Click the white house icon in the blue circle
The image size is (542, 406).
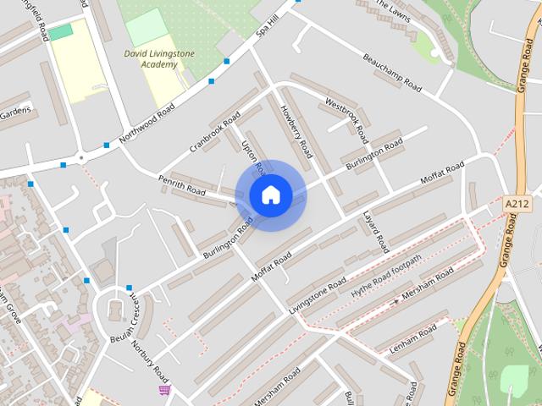(x=270, y=195)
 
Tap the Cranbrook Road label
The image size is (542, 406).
(x=215, y=131)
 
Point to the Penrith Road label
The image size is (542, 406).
(x=181, y=185)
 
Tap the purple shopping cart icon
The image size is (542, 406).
(x=164, y=390)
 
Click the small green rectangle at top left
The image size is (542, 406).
(x=60, y=31)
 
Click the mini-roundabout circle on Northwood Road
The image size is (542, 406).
(x=81, y=157)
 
